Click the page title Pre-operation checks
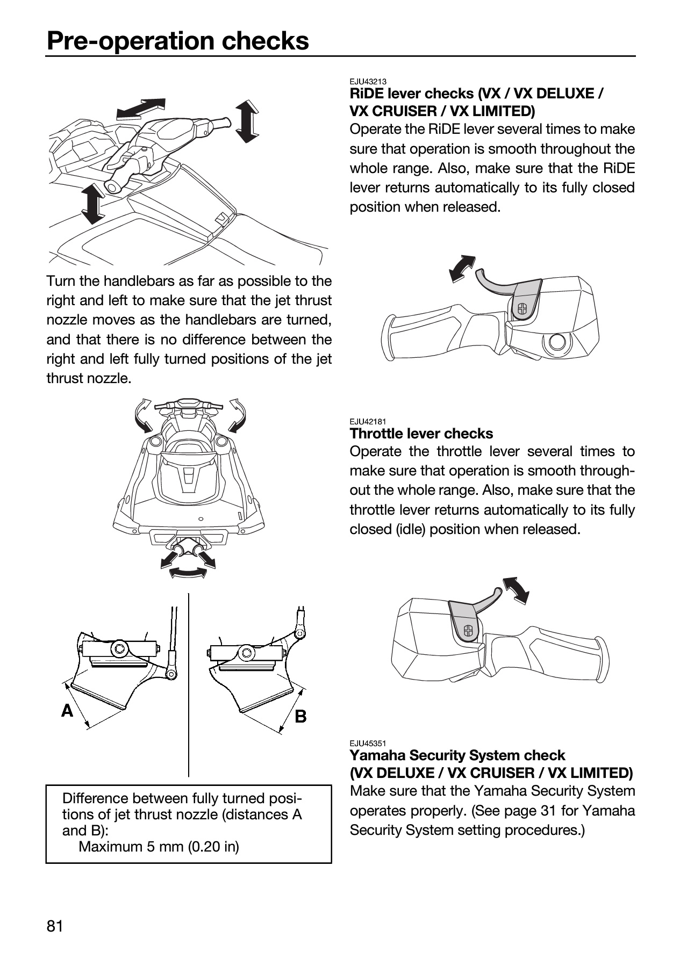pyautogui.click(x=178, y=41)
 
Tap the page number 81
pyautogui.click(x=55, y=926)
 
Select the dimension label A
pyautogui.click(x=67, y=711)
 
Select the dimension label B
pyautogui.click(x=301, y=716)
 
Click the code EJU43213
pyautogui.click(x=368, y=82)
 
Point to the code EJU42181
pyautogui.click(x=368, y=422)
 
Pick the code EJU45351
pyautogui.click(x=368, y=744)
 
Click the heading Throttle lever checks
pyautogui.click(x=421, y=434)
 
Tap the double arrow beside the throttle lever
pyautogui.click(x=516, y=589)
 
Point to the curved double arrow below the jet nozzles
pyautogui.click(x=188, y=573)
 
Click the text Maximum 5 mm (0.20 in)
pyautogui.click(x=159, y=847)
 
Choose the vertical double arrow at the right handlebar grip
pyautogui.click(x=247, y=121)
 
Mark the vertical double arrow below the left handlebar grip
pyautogui.click(x=94, y=204)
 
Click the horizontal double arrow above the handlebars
pyautogui.click(x=141, y=108)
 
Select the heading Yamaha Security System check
pyautogui.click(x=457, y=755)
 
